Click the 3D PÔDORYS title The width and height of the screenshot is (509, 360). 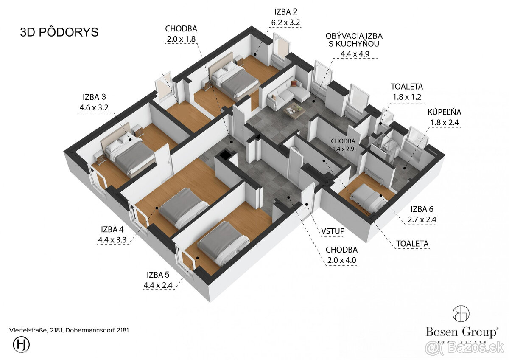[x=59, y=32]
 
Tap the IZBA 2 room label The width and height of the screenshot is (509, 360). [x=286, y=12]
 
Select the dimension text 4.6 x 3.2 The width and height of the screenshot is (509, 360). [x=94, y=107]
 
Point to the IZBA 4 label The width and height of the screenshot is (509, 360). [x=112, y=230]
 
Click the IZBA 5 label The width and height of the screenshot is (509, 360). [x=158, y=275]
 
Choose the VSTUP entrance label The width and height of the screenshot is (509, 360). [x=333, y=231]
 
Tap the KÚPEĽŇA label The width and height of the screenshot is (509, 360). [x=445, y=112]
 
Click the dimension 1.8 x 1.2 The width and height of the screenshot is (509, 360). [x=407, y=97]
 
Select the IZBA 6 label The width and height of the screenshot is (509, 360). [x=422, y=209]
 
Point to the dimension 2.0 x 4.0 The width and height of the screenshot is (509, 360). [x=341, y=260]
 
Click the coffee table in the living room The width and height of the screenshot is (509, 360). [x=294, y=111]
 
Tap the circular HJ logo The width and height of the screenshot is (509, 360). [x=21, y=344]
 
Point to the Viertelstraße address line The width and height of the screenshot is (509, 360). [x=69, y=330]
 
